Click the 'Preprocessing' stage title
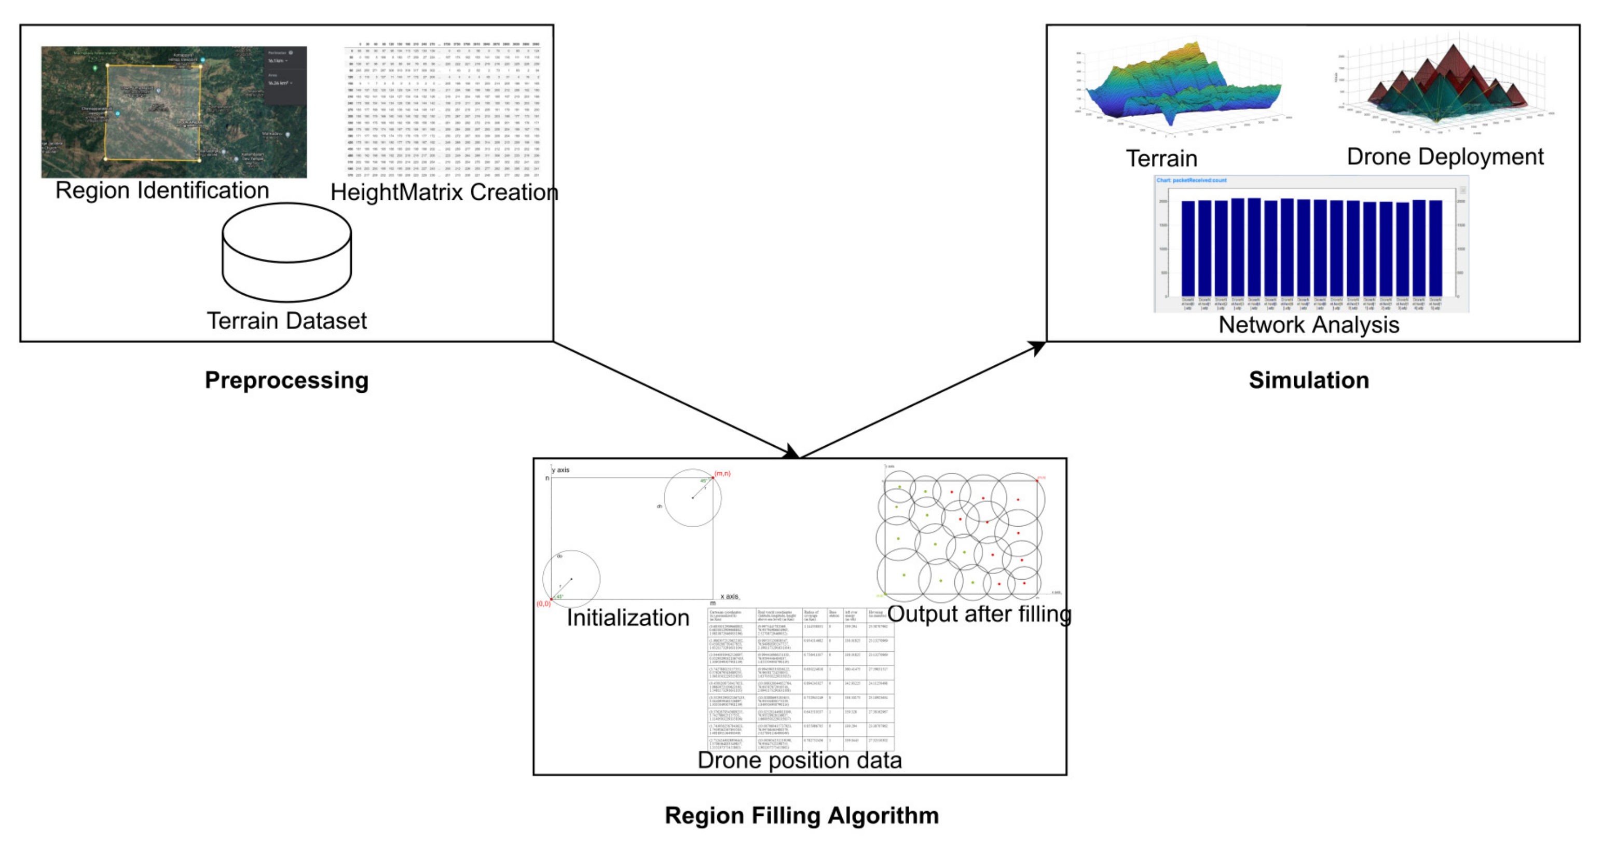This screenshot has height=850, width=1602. (x=286, y=380)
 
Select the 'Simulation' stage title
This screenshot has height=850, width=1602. (x=1308, y=380)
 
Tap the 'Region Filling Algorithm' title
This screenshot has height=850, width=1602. (x=802, y=815)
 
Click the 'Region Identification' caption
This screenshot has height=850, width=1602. (x=162, y=190)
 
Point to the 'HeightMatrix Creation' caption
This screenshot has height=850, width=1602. (x=444, y=192)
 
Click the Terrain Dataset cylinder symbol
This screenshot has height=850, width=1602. (x=286, y=252)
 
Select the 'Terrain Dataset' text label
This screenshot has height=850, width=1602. (x=286, y=321)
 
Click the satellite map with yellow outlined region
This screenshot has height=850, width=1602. (x=174, y=112)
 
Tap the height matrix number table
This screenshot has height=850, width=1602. (x=443, y=110)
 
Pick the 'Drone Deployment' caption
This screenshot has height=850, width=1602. (x=1445, y=157)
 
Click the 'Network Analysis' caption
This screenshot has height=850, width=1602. (x=1308, y=324)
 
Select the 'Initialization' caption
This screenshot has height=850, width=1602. (x=628, y=618)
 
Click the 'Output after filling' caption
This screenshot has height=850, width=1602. (x=979, y=614)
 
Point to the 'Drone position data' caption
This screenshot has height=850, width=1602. (x=799, y=760)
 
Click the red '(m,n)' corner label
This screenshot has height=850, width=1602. (x=722, y=473)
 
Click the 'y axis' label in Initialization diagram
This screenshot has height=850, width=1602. (x=560, y=470)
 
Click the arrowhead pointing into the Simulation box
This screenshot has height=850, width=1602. (x=1038, y=347)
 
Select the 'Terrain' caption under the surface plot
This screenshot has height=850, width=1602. (x=1161, y=159)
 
